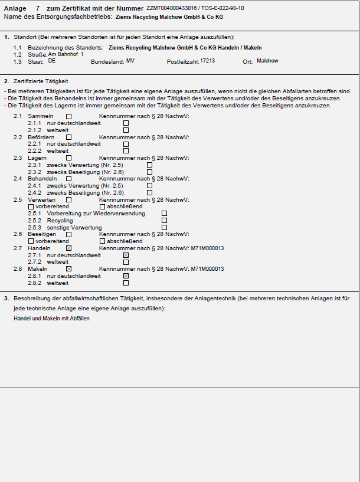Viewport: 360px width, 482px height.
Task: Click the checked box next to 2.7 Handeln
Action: tap(69, 248)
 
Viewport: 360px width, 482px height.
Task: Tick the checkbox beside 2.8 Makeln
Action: tap(69, 269)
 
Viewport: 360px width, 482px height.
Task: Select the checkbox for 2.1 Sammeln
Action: tap(69, 117)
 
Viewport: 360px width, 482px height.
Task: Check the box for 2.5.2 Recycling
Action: tap(164, 220)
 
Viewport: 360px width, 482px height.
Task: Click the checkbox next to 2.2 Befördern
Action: tap(69, 137)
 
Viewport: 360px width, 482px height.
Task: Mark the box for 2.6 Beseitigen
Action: tap(69, 234)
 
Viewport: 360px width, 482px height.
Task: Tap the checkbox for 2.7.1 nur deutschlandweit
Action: tap(126, 255)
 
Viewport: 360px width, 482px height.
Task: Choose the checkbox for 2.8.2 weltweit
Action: tap(126, 283)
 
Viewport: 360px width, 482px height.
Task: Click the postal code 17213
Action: tap(208, 61)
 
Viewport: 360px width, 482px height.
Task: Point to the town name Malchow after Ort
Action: tap(267, 61)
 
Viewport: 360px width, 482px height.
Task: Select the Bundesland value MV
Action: tap(130, 61)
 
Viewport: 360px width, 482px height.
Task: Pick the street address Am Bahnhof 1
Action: tap(66, 54)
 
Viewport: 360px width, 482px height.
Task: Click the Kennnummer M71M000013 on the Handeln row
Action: tap(208, 248)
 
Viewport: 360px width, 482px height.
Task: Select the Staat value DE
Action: tap(52, 61)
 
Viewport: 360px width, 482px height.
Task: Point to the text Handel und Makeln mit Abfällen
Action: tap(51, 319)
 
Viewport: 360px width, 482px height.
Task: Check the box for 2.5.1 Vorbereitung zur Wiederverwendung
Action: tap(164, 214)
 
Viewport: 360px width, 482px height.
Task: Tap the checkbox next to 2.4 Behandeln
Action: tap(69, 179)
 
